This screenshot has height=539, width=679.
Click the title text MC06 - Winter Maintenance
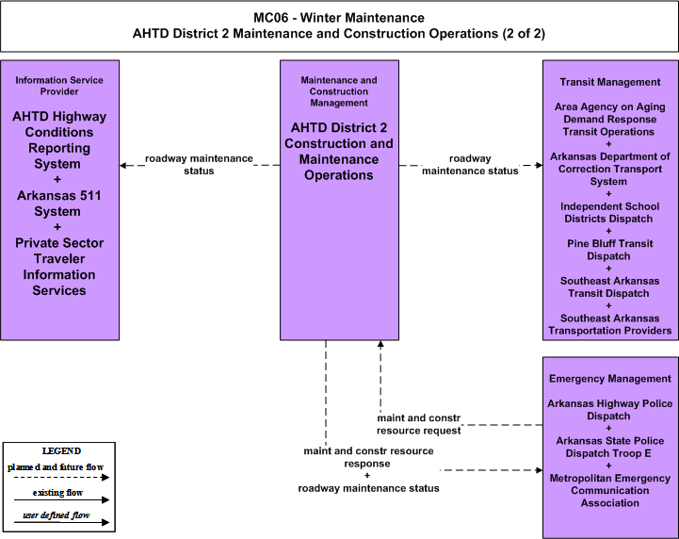(x=339, y=18)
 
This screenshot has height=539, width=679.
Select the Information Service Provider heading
(x=59, y=86)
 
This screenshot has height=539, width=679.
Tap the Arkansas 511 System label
(x=59, y=204)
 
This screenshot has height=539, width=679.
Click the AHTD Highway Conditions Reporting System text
(x=59, y=140)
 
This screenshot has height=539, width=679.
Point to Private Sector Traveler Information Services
(x=59, y=267)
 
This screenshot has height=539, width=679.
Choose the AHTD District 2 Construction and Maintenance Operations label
(x=339, y=151)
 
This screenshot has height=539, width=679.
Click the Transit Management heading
(x=610, y=82)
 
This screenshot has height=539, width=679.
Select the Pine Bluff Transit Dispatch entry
(x=609, y=250)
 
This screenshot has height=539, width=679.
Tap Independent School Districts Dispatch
(x=609, y=212)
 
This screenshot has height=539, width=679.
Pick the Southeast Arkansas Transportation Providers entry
(x=609, y=324)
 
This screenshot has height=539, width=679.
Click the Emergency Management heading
(x=610, y=379)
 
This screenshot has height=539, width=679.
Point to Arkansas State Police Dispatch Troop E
(x=609, y=447)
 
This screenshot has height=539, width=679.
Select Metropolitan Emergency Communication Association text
(x=609, y=491)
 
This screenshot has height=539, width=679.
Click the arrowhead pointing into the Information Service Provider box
(x=123, y=165)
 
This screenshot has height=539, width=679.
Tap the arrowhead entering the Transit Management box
(x=539, y=165)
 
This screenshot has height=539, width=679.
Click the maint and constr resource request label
(x=419, y=424)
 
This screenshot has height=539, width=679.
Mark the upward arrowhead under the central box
(x=380, y=344)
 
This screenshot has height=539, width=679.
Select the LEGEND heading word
(x=61, y=450)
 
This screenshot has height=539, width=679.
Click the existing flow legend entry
(x=57, y=493)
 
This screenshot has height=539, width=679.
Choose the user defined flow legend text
(x=57, y=515)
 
